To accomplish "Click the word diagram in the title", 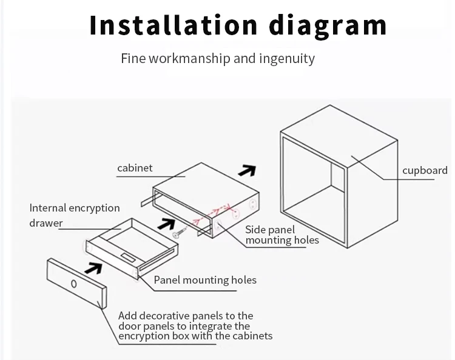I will point(328,25).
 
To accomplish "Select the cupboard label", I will point(425,170).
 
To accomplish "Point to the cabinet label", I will point(135,168).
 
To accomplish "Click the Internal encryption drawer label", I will point(74,215).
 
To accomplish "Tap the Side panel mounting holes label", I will point(281,235).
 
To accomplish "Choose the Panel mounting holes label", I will point(205,280).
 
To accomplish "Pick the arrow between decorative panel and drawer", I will point(93,267).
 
